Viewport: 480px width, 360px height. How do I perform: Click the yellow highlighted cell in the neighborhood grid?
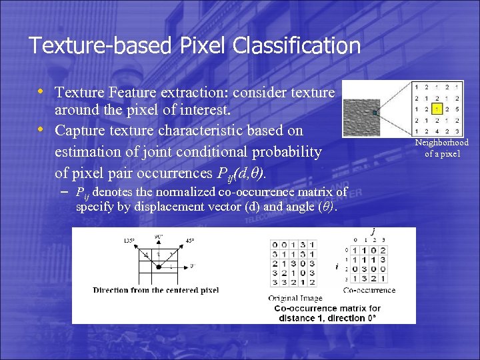click(x=437, y=109)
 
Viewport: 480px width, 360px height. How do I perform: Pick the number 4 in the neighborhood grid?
click(x=437, y=131)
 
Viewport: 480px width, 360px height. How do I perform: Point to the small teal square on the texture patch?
click(x=376, y=112)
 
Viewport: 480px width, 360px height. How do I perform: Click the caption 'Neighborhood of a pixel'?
click(x=441, y=148)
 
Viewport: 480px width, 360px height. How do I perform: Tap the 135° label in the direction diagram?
click(x=131, y=241)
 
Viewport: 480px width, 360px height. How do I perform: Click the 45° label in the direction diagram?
click(x=189, y=241)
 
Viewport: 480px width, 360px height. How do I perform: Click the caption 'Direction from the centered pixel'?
click(x=155, y=290)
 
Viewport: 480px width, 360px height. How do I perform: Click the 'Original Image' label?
click(x=295, y=298)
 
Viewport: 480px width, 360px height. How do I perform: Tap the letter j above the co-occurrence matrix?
click(x=373, y=231)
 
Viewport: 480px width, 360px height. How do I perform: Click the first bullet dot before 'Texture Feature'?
click(x=41, y=91)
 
